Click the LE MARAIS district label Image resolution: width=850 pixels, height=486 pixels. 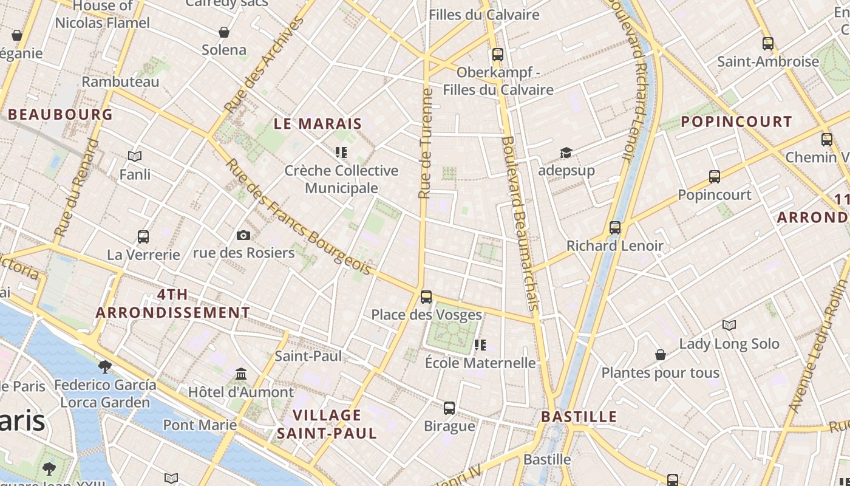click(x=318, y=124)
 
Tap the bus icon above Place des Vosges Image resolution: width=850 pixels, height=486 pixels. click(x=426, y=297)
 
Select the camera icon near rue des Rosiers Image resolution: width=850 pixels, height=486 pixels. click(x=243, y=235)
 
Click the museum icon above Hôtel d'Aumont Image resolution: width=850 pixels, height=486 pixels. click(x=241, y=373)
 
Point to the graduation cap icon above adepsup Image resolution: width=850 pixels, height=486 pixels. click(x=566, y=152)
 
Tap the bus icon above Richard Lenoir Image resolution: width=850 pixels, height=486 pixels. click(x=615, y=228)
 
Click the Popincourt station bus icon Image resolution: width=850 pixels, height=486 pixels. click(x=715, y=177)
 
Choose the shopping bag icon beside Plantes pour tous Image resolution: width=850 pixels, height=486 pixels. click(x=661, y=355)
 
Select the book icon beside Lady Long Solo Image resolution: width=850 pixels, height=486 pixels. click(x=729, y=326)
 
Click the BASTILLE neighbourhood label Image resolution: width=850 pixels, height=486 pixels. click(x=579, y=417)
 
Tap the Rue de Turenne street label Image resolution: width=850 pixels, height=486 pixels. click(x=426, y=144)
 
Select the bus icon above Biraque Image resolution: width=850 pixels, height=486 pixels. click(x=449, y=408)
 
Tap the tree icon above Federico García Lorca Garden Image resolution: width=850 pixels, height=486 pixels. click(x=104, y=366)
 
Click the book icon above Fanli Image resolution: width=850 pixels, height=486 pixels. click(x=135, y=157)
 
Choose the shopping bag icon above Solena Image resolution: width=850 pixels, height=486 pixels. click(x=224, y=32)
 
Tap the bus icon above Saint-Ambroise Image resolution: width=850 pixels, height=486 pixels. click(x=768, y=44)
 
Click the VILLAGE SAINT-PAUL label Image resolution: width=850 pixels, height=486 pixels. click(x=327, y=424)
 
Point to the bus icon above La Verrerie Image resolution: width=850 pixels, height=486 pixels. click(x=143, y=236)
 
